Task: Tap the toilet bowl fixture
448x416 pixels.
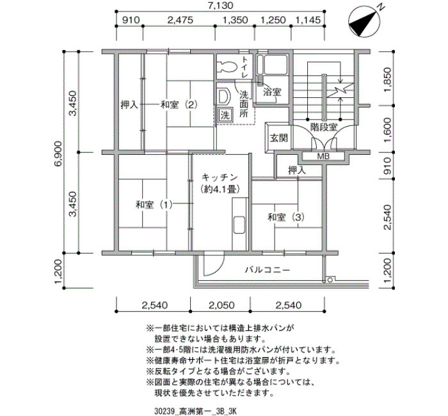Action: coord(227,67)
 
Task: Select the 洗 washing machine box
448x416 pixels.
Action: coord(225,115)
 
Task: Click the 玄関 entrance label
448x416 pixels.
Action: coord(278,138)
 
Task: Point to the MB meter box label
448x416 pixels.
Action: coord(323,156)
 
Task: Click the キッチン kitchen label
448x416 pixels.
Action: coord(220,177)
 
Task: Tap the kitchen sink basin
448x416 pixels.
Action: coord(239,225)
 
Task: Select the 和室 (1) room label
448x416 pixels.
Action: coord(154,205)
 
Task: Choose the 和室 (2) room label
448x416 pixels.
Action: coord(179,104)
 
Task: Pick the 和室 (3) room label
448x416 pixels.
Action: coord(286,218)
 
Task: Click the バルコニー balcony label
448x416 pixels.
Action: coord(268,269)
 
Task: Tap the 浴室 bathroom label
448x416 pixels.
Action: coord(272,92)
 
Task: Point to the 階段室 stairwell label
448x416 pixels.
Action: coord(324,127)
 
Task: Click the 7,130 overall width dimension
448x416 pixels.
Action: coord(220,5)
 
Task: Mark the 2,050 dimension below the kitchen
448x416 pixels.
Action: coord(221,305)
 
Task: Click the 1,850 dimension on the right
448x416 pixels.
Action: coord(387,80)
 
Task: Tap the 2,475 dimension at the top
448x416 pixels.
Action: coord(180,20)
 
